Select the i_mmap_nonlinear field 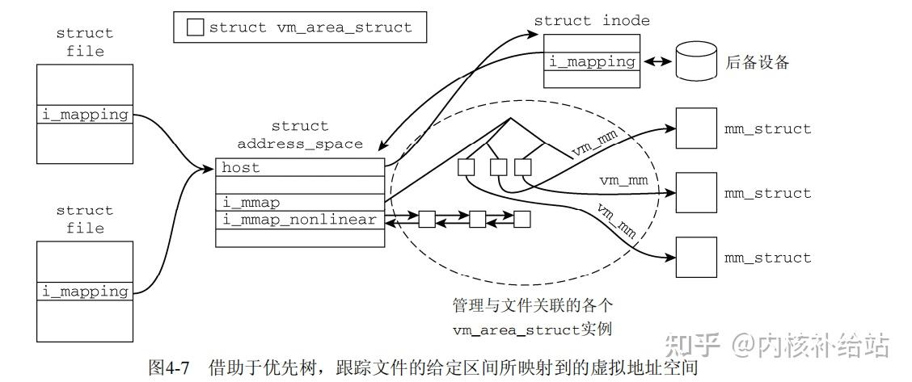pos(300,220)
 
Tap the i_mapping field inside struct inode pos(593,61)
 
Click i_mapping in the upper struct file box pos(85,115)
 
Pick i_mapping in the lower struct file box pos(85,292)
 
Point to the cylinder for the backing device pos(696,61)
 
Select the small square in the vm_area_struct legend pos(195,27)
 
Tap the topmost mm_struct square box pos(695,128)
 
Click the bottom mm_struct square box pos(695,258)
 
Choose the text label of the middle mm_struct pos(767,194)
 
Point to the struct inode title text pos(592,21)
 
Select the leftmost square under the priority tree pos(465,167)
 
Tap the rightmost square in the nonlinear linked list pos(521,219)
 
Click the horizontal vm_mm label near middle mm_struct pos(623,178)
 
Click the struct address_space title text pos(300,135)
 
